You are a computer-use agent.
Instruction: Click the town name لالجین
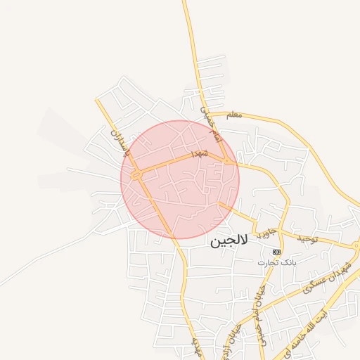tap(229, 240)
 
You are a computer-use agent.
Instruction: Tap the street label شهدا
tap(198, 153)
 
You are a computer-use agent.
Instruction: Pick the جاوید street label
tap(264, 232)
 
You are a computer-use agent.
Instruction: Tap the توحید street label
tap(307, 239)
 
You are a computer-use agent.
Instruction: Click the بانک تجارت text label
tap(276, 262)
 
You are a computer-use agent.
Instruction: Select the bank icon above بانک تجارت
tap(276, 251)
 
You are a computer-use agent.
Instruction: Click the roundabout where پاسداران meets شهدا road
tap(137, 172)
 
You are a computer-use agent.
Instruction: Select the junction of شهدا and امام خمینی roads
tap(229, 161)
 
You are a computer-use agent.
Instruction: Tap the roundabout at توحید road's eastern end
tap(356, 246)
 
